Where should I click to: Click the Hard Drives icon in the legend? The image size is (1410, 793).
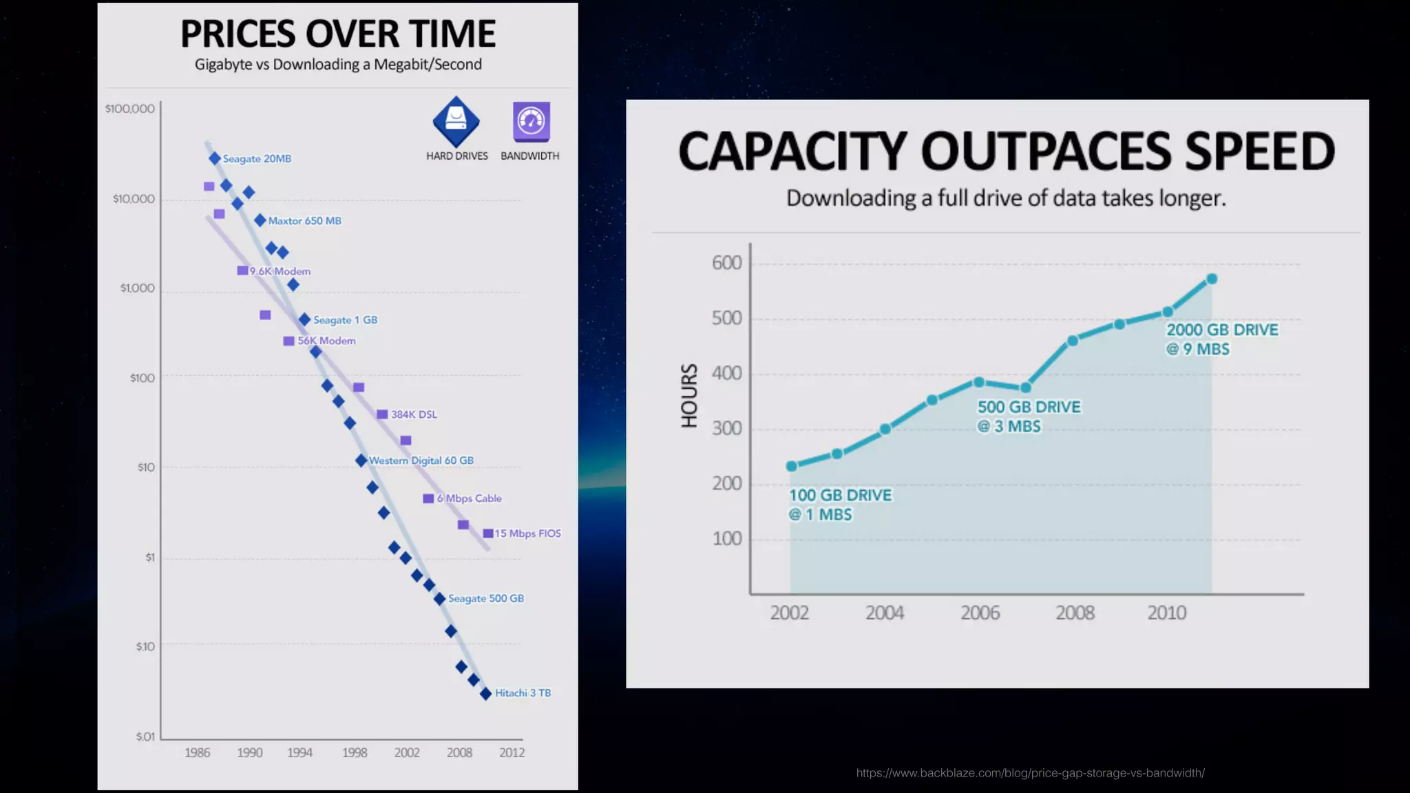[456, 121]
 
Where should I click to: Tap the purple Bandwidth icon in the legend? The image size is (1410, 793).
[531, 121]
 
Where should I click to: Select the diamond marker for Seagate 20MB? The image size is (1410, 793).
[215, 158]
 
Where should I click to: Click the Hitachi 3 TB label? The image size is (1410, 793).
[523, 693]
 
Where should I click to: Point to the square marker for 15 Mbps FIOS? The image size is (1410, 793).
[488, 533]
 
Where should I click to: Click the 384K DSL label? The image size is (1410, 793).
[414, 414]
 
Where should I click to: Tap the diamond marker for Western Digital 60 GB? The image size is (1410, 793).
[361, 461]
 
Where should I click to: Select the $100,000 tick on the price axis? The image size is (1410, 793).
[130, 109]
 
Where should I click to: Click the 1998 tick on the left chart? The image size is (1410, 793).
[355, 752]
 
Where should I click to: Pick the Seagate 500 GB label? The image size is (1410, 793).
[485, 598]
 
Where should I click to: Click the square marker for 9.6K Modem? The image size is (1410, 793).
[242, 271]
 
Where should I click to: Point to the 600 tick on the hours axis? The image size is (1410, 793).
[726, 263]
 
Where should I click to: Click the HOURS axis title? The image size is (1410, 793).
[689, 396]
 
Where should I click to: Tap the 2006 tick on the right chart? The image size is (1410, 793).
[980, 613]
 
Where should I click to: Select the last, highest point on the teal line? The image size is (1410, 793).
[1212, 279]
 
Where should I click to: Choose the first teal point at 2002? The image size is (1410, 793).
[792, 466]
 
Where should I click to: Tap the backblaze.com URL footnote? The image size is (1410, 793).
[1030, 773]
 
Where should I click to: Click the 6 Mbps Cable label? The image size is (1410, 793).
[469, 498]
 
